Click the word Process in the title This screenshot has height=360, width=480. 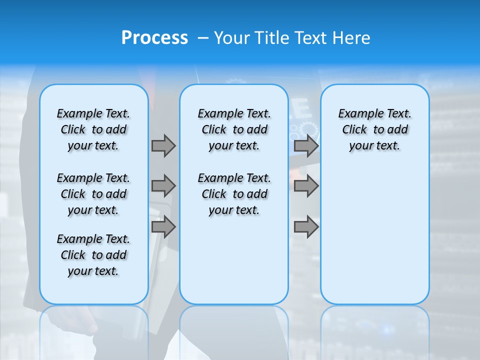click(x=154, y=37)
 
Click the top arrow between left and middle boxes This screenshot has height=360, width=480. click(x=163, y=145)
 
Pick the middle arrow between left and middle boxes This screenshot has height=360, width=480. click(x=163, y=186)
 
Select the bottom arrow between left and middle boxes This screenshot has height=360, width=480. click(x=163, y=226)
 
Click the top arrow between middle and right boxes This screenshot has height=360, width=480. click(x=306, y=145)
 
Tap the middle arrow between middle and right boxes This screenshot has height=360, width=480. click(x=306, y=186)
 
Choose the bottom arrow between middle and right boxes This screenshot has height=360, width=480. click(x=306, y=226)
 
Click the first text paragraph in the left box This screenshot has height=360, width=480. click(x=93, y=129)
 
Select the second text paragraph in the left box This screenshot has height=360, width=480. click(x=93, y=194)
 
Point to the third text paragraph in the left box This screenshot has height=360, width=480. click(x=93, y=255)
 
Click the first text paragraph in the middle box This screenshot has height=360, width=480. click(x=234, y=129)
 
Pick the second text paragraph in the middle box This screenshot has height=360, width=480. click(x=234, y=194)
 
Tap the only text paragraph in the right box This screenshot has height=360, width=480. click(x=375, y=129)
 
